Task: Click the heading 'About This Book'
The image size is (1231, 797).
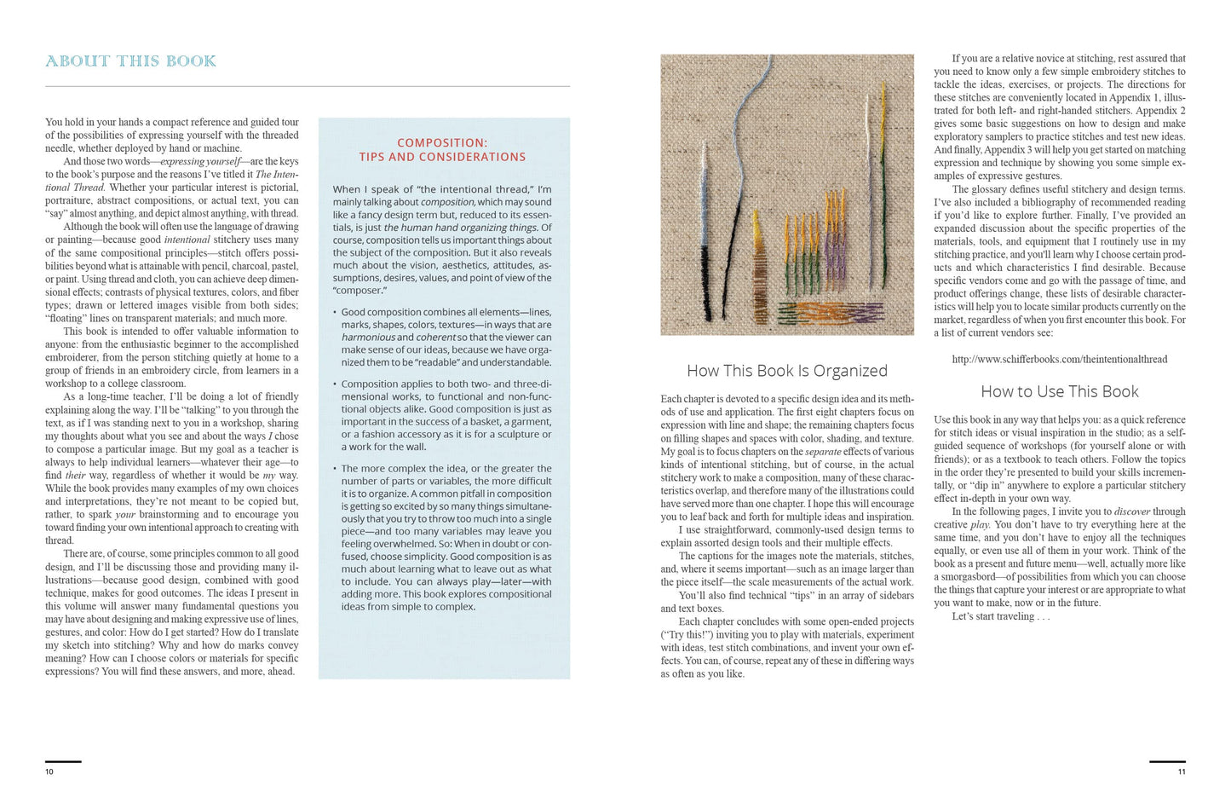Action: pyautogui.click(x=130, y=61)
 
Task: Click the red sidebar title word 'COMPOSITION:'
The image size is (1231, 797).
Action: pyautogui.click(x=442, y=143)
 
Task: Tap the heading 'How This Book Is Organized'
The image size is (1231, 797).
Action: pyautogui.click(x=786, y=371)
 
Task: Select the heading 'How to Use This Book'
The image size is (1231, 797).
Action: pyautogui.click(x=1059, y=392)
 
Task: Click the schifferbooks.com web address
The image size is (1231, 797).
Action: pyautogui.click(x=1059, y=360)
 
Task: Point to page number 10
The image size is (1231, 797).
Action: pyautogui.click(x=49, y=771)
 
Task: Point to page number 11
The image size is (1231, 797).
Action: pyautogui.click(x=1181, y=771)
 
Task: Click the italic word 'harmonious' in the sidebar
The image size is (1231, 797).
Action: pyautogui.click(x=368, y=338)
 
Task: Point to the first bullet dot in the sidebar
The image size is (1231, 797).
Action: pyautogui.click(x=336, y=313)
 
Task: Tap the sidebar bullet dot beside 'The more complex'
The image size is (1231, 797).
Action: pyautogui.click(x=336, y=469)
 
